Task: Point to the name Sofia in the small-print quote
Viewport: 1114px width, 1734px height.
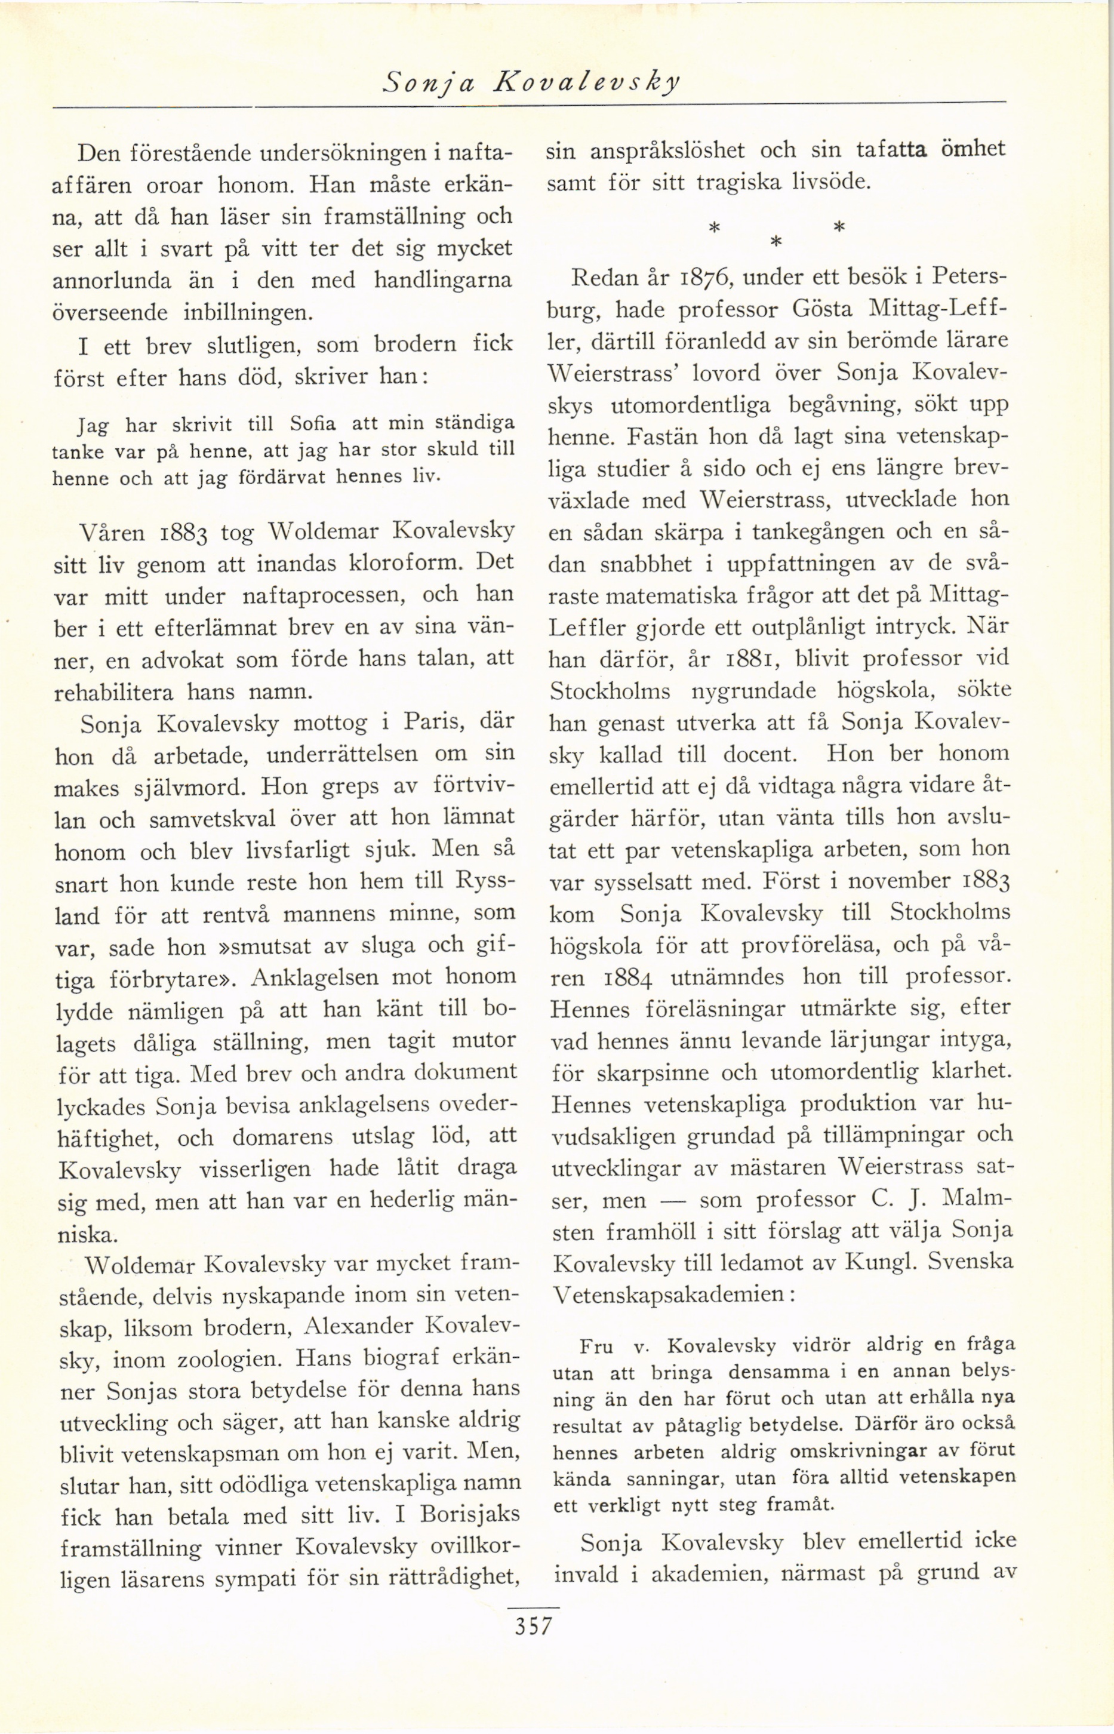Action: pyautogui.click(x=312, y=423)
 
